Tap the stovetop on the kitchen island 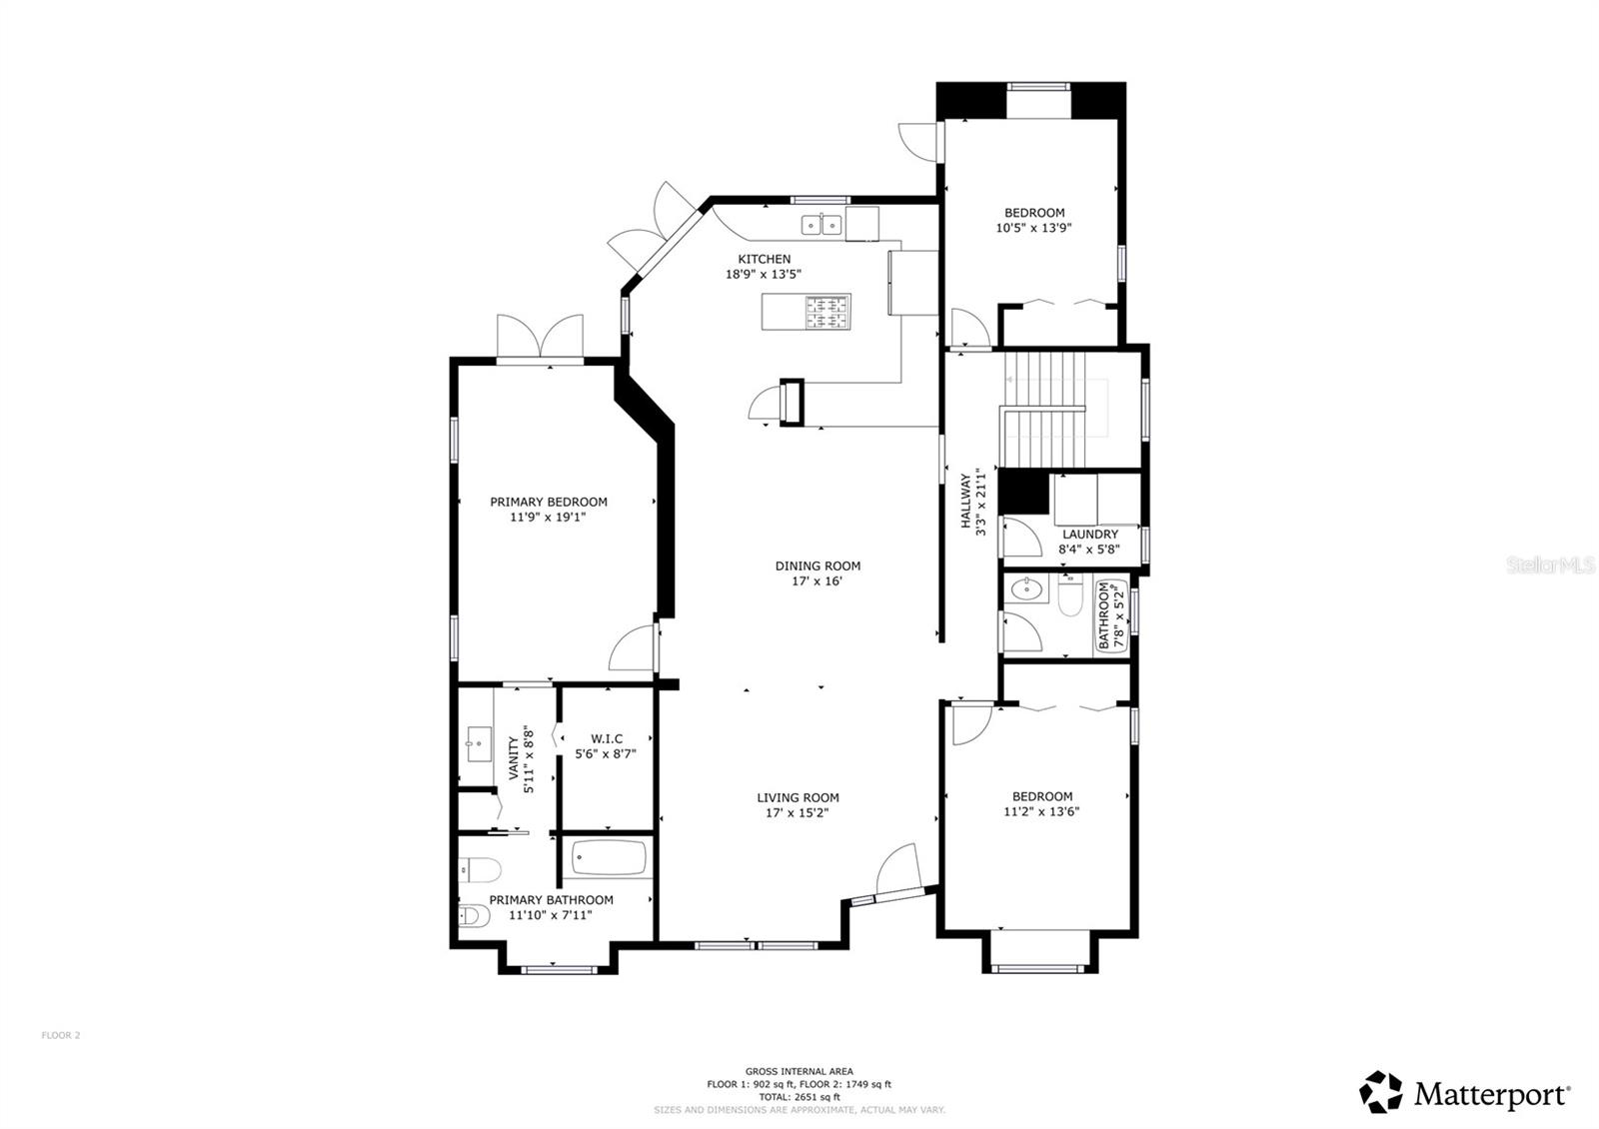coord(827,312)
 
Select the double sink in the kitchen coord(821,225)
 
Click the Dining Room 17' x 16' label coord(817,572)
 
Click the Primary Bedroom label coord(548,510)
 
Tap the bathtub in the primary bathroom coord(610,858)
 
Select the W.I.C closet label coord(606,746)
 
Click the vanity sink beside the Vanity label coord(477,743)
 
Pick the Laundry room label coord(1089,541)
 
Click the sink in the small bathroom coord(1025,588)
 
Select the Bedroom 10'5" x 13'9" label coord(1034,220)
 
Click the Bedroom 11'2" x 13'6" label coord(1041,803)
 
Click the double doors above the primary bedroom coord(541,337)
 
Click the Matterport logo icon coord(1381,1091)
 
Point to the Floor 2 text coord(61,1035)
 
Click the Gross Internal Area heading coord(799,1071)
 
